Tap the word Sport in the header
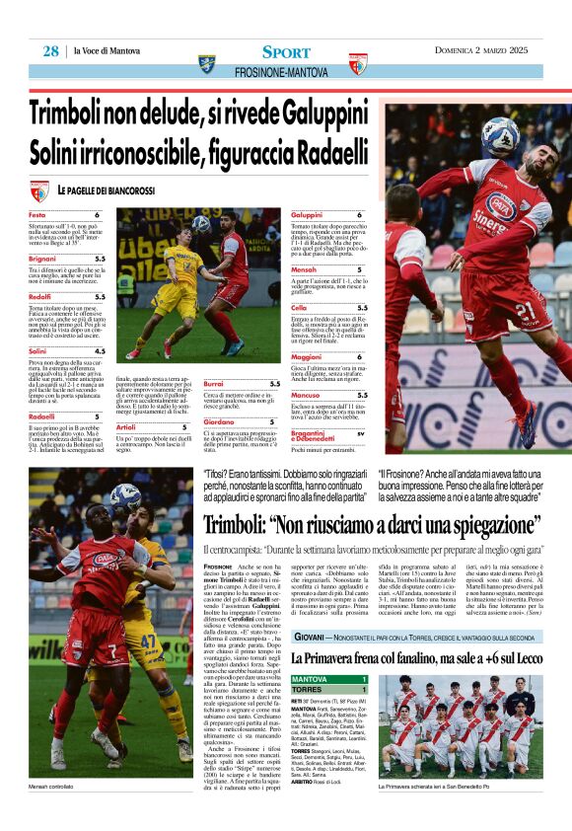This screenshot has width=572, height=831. coord(286,51)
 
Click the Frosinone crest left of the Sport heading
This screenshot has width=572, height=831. coord(206,62)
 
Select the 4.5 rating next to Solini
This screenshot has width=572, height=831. coord(100,350)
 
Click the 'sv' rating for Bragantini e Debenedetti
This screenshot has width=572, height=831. coord(361,432)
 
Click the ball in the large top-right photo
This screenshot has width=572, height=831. coord(500,137)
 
